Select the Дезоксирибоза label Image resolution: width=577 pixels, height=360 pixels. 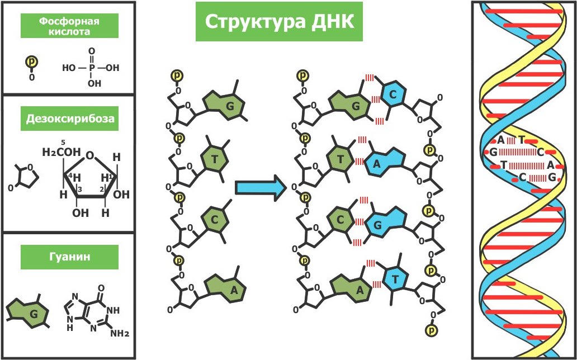pyautogui.click(x=69, y=119)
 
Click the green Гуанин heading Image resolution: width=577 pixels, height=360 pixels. pyautogui.click(x=69, y=258)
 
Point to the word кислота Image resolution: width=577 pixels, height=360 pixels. pyautogui.click(x=69, y=32)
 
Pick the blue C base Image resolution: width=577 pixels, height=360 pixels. pyautogui.click(x=393, y=96)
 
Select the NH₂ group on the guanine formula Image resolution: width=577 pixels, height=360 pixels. pyautogui.click(x=119, y=334)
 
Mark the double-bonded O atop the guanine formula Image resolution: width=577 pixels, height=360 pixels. pyautogui.click(x=101, y=290)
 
